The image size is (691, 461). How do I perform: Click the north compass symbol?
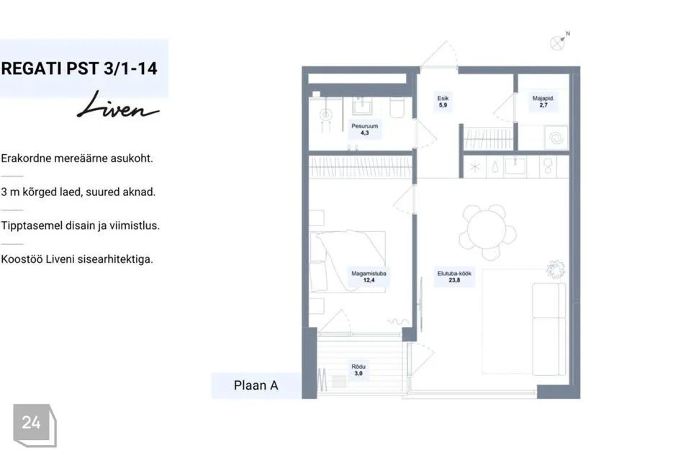click(x=559, y=42)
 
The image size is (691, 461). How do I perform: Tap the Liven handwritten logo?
click(x=118, y=105)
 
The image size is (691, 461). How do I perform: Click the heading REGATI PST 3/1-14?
click(x=79, y=68)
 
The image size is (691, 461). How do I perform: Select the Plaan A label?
click(x=256, y=385)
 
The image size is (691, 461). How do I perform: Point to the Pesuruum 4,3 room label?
click(x=364, y=129)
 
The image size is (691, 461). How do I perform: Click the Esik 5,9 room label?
click(x=443, y=102)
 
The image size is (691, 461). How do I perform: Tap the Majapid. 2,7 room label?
click(x=543, y=102)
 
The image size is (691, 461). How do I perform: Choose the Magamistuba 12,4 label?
click(x=369, y=277)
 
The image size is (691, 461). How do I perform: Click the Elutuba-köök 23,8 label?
click(x=454, y=277)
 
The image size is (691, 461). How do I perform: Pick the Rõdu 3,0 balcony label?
click(x=358, y=370)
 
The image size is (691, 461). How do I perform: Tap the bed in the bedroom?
click(x=348, y=261)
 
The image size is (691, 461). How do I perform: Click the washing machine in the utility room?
click(x=556, y=138)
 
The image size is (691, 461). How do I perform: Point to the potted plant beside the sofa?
click(x=556, y=269)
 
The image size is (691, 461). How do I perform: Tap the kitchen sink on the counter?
click(x=515, y=166)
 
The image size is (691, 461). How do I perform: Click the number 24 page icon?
click(x=35, y=425)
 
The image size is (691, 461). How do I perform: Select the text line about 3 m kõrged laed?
click(x=78, y=192)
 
